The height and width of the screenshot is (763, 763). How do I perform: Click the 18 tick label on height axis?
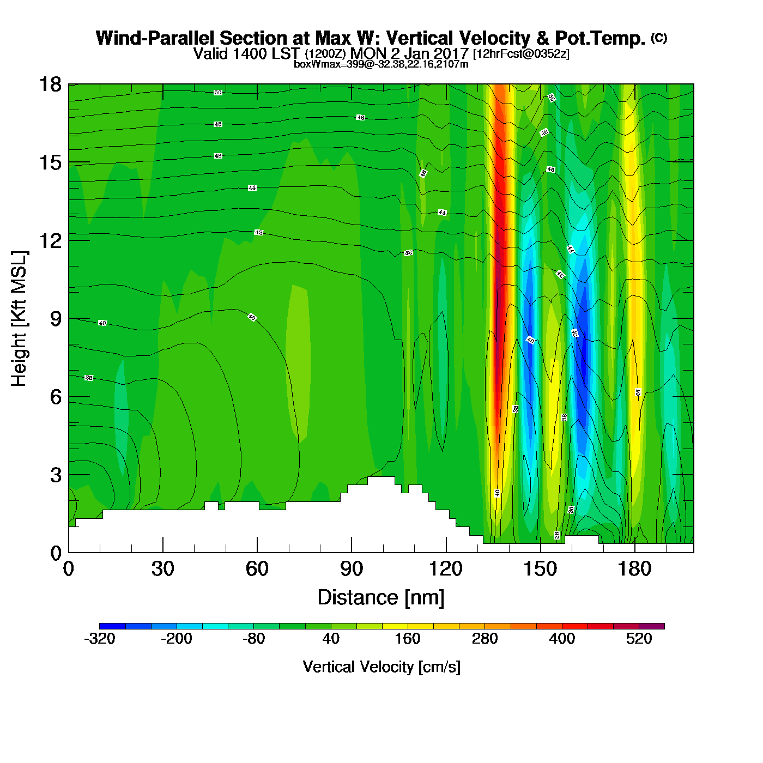pos(50,84)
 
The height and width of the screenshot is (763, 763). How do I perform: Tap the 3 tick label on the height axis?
pos(56,475)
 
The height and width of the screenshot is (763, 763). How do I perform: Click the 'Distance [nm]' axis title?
pos(381,597)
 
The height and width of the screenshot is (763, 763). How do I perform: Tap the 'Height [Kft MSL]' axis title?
pos(19,319)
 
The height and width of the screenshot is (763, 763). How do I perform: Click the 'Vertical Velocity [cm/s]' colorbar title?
pos(381,667)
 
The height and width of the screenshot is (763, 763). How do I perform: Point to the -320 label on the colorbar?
pos(100,639)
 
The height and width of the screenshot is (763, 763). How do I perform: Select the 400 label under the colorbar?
pos(562,639)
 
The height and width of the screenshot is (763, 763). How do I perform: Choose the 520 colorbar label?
pos(639,639)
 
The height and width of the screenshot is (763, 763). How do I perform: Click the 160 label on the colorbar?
pos(408,639)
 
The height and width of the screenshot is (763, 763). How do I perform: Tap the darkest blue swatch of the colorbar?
pos(112,626)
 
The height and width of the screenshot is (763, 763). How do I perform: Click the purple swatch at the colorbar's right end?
pos(652,626)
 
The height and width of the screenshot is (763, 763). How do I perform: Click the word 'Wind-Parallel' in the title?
pos(156,38)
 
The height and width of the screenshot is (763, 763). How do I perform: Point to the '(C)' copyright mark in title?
pos(659,38)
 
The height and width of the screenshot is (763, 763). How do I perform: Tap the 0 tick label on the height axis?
pos(56,553)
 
